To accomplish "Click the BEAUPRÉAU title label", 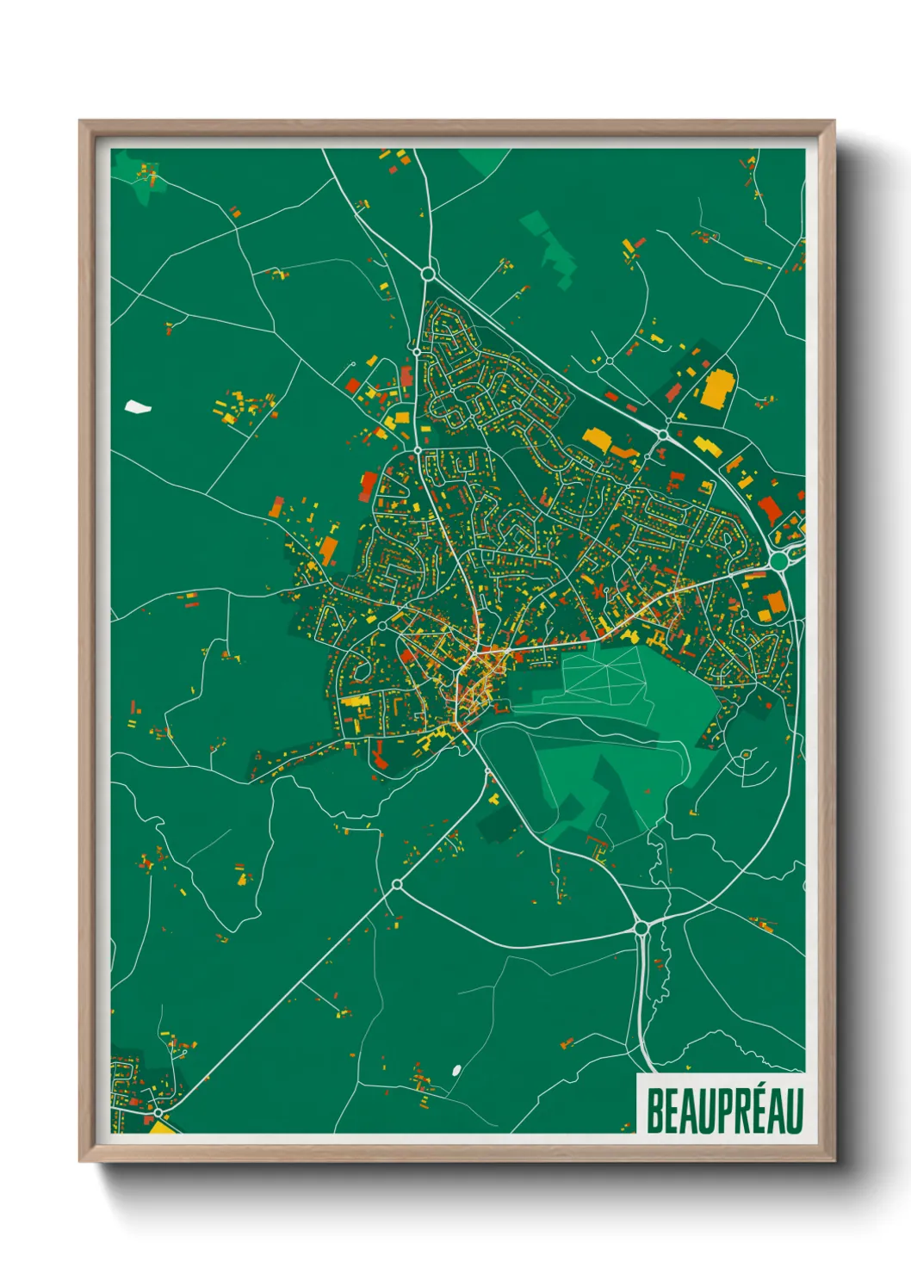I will (724, 1110).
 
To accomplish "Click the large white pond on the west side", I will (137, 406).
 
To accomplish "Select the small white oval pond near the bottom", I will (455, 1070).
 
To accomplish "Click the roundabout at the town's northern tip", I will (428, 275).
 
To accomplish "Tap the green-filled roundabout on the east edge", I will (779, 561).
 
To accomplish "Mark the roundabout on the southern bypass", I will (641, 927).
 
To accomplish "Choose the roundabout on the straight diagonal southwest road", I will (397, 884).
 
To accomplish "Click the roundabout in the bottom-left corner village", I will (158, 1113).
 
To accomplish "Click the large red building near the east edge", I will (769, 509).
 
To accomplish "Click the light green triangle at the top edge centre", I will (483, 160).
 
